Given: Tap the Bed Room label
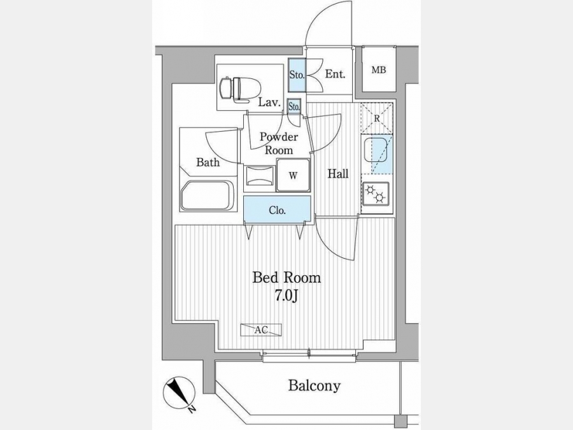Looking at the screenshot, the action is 287,278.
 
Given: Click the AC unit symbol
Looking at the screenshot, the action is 261,330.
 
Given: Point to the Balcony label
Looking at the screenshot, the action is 315,385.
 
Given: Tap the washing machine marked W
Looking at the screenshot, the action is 293,175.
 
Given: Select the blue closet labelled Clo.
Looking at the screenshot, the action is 278,209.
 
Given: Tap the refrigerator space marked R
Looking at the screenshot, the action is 377,118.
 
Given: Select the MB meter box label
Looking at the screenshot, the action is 379,70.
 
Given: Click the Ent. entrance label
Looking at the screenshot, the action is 335,75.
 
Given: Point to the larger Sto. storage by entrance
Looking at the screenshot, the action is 297,75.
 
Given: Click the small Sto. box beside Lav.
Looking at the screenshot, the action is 294,107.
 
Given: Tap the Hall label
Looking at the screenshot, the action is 338,173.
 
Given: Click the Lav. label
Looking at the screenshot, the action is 269,103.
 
